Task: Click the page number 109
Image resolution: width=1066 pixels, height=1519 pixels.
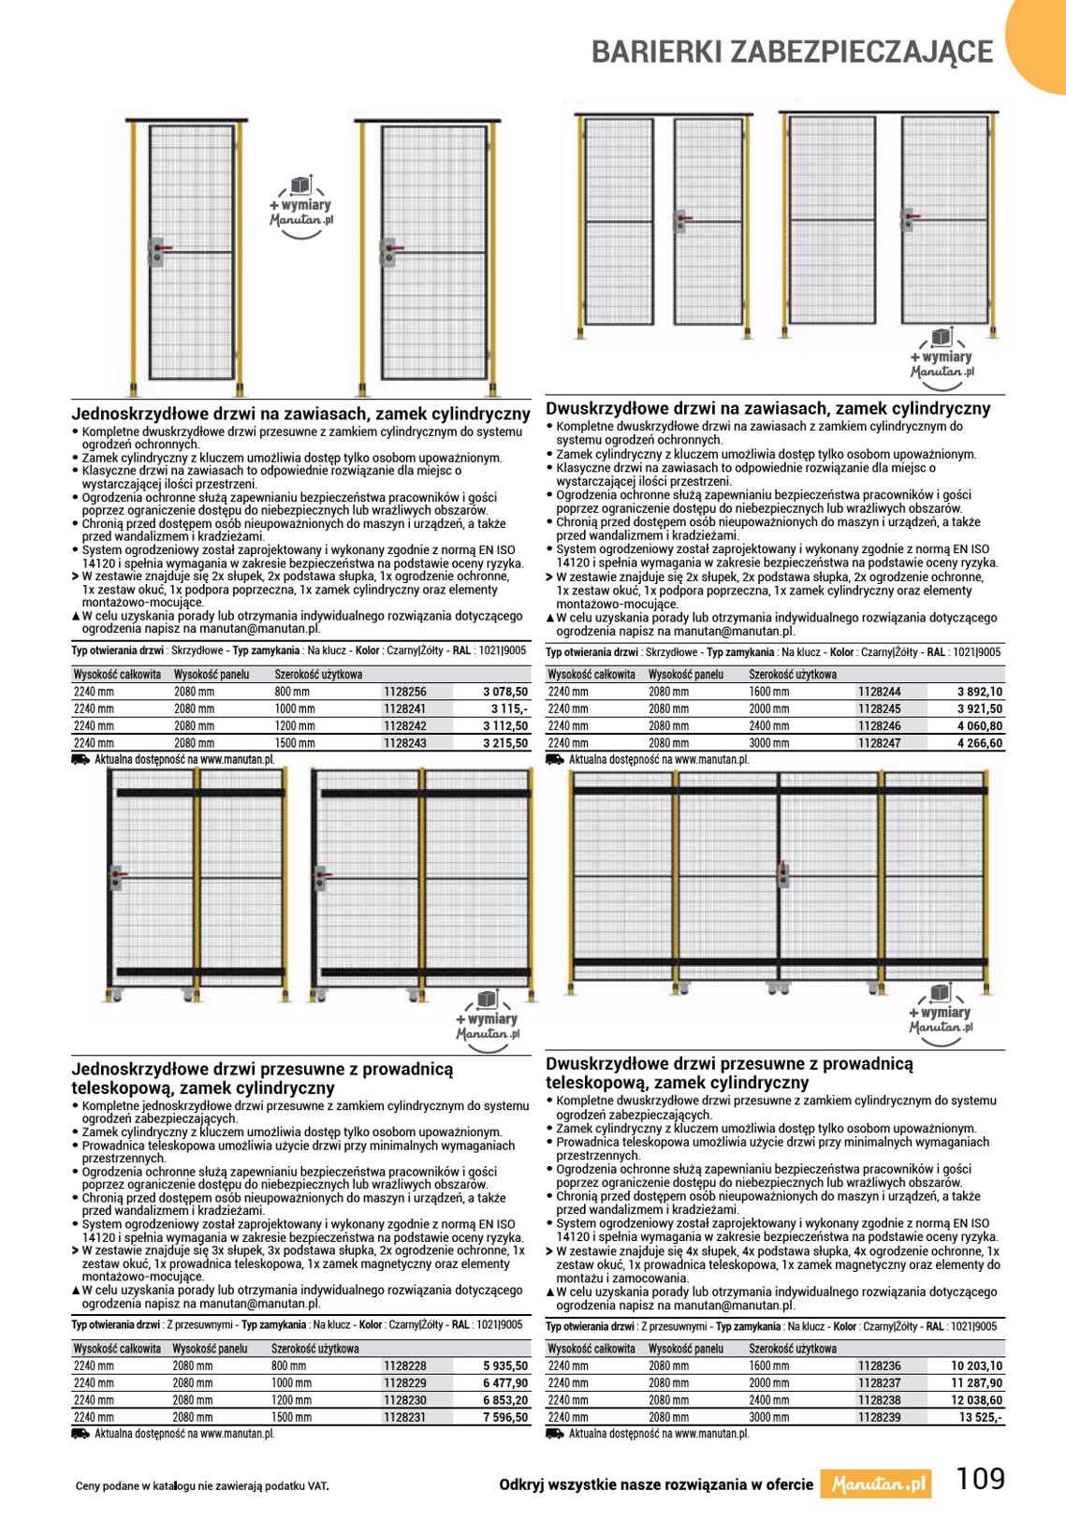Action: point(980,1479)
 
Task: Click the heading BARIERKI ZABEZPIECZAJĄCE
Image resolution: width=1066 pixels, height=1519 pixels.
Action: point(792,52)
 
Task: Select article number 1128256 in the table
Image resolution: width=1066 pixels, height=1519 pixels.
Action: point(404,692)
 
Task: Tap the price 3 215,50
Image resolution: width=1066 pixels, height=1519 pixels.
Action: point(505,743)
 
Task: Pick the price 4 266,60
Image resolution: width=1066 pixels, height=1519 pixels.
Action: point(979,743)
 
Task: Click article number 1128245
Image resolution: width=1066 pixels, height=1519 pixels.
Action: point(879,708)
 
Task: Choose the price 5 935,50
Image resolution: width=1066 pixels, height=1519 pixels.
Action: point(505,1366)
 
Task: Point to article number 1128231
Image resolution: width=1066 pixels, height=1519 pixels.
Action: point(404,1417)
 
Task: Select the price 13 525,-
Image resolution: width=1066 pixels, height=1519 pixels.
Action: point(980,1417)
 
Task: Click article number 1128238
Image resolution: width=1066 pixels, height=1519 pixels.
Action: point(879,1400)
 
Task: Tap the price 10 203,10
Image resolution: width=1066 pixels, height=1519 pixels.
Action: point(976,1366)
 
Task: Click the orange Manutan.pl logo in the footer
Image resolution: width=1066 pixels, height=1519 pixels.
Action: point(877,1484)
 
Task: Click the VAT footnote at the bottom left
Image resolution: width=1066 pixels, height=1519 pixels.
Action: point(202,1485)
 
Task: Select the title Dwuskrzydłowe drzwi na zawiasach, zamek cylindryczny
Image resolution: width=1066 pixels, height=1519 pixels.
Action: point(767,409)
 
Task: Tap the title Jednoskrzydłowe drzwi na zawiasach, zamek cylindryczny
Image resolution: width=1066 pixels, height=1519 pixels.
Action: point(301,414)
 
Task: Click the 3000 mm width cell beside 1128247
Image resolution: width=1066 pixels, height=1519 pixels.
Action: point(768,743)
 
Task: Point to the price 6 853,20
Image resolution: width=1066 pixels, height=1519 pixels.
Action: point(505,1400)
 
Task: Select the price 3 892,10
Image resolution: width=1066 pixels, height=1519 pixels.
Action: point(979,692)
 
